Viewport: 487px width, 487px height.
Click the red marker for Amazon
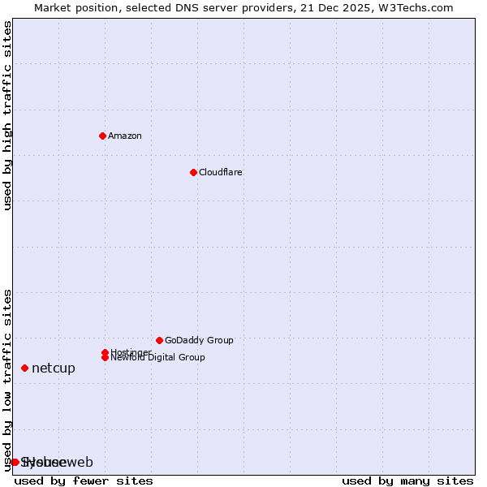click(102, 136)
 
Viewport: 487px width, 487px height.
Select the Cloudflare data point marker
click(193, 172)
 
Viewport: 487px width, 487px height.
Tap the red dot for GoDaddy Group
click(159, 340)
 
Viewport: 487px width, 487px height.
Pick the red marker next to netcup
click(24, 368)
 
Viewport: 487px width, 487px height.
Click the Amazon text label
click(124, 136)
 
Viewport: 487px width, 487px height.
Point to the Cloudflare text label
click(220, 172)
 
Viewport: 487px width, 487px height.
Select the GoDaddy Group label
click(199, 340)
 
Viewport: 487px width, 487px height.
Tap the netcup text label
click(54, 368)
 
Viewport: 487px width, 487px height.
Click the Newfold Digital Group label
click(157, 357)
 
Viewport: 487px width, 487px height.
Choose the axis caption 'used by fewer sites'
click(84, 481)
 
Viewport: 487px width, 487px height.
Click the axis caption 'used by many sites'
click(407, 481)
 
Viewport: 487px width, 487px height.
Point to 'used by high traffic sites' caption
click(8, 116)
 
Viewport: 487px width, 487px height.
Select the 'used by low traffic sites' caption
click(8, 380)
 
